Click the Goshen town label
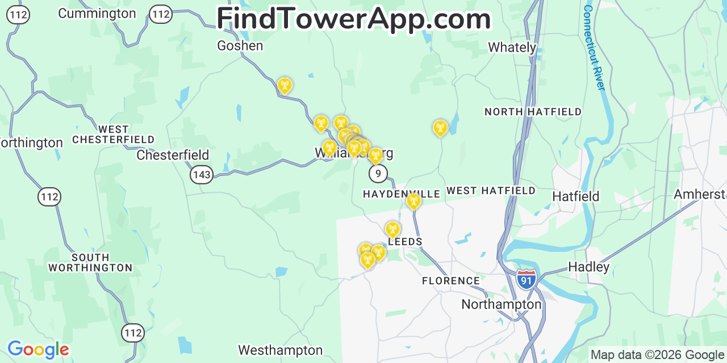tap(240, 46)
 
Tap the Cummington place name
tap(97, 14)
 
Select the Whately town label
tap(512, 48)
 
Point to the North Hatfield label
tap(533, 112)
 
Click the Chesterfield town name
tap(173, 155)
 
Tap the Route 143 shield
tap(202, 175)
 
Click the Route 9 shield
tap(378, 174)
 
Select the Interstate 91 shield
tap(527, 280)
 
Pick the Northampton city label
tap(501, 305)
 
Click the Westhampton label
tap(280, 351)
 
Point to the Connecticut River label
tap(594, 48)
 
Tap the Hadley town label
tap(588, 267)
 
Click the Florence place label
tap(450, 281)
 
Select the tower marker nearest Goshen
tap(285, 86)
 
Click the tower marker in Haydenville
tap(413, 201)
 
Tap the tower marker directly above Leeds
tap(392, 229)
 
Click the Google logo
tap(37, 349)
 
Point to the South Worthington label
tap(90, 262)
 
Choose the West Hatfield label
tap(491, 191)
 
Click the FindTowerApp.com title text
tap(353, 19)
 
